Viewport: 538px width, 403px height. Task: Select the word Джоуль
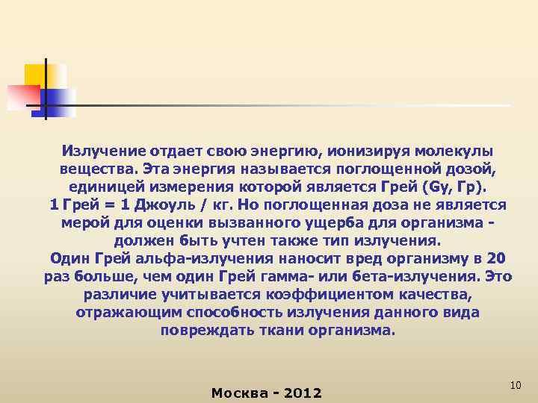click(164, 204)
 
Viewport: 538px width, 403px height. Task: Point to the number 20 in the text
click(495, 259)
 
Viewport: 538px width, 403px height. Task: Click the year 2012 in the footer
click(300, 393)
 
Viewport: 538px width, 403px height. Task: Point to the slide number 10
click(515, 384)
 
